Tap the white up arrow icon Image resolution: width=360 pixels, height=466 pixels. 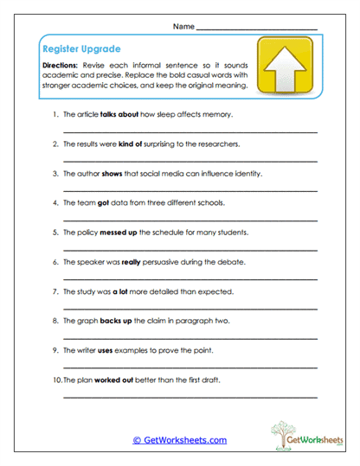286,65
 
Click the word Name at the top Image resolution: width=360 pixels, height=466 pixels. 183,27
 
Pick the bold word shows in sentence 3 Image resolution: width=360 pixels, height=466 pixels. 113,173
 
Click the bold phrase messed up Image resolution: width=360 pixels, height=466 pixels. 118,232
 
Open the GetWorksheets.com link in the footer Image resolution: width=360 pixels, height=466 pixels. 179,440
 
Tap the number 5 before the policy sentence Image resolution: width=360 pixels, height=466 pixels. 55,232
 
